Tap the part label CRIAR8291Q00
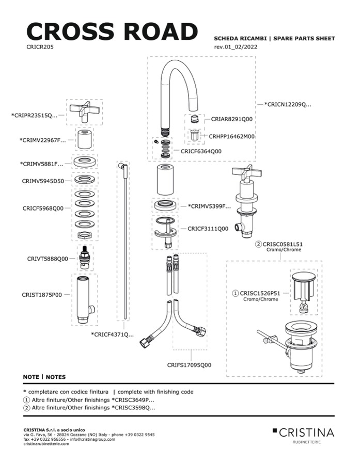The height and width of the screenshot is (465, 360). point(231,119)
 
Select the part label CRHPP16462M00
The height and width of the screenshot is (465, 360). point(231,136)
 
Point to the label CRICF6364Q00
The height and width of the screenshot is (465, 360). point(201,151)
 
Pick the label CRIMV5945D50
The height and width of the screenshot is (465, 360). point(43,181)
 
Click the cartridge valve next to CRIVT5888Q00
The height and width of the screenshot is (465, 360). point(85,258)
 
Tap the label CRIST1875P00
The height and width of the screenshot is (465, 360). point(42,295)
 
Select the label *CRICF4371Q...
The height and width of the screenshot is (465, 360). point(112,334)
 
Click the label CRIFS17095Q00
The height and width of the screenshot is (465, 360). point(189,365)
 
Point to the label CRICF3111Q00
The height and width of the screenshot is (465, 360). point(208,228)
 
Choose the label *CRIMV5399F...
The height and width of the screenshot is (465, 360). point(209,206)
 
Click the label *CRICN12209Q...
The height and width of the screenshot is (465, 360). point(288,104)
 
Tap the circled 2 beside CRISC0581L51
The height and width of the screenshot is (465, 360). point(258,244)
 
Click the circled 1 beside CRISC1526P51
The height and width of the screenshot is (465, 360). point(236,293)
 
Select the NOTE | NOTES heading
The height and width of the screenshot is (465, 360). point(44,377)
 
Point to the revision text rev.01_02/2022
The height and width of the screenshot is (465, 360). point(235,47)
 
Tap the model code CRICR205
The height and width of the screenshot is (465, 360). point(40,46)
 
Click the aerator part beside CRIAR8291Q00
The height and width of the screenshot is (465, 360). point(195,119)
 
